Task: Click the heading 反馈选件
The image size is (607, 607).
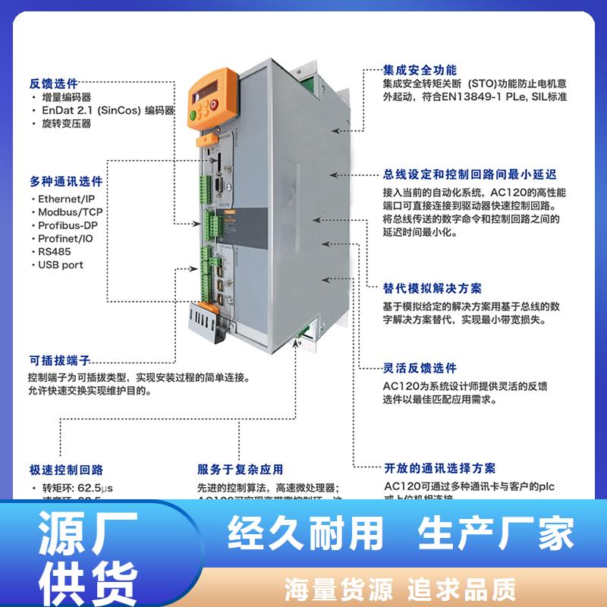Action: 54,83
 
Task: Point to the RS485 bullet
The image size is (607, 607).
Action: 54,252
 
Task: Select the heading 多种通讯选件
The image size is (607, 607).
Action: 66,182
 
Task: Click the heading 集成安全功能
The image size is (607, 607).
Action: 419,68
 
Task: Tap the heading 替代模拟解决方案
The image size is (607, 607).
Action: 432,288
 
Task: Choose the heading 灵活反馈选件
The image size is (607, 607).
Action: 420,368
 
